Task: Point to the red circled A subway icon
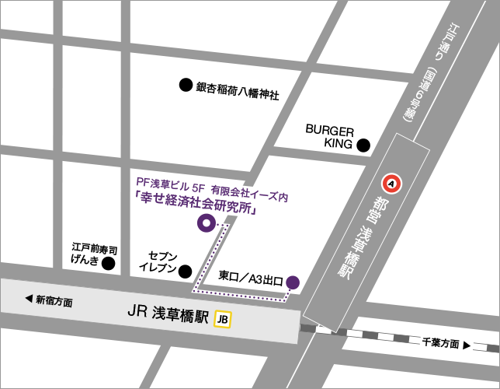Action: click(392, 184)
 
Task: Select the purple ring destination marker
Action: click(206, 223)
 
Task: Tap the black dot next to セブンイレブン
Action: click(186, 271)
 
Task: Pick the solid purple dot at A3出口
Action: click(293, 282)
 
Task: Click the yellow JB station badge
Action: click(224, 318)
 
